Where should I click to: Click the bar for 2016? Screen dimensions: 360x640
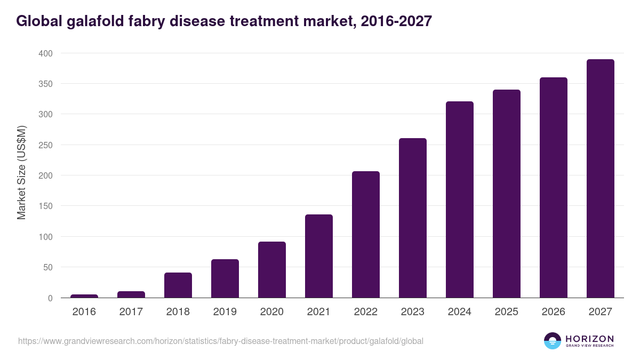(x=84, y=296)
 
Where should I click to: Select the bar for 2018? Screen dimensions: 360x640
(x=178, y=285)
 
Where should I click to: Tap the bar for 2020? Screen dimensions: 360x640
(x=272, y=270)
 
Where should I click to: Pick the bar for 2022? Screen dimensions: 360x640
(x=366, y=235)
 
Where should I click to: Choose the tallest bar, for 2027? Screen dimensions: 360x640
(x=601, y=179)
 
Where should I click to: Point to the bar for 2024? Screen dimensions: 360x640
(x=460, y=199)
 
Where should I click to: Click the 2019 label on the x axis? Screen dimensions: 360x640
(x=225, y=311)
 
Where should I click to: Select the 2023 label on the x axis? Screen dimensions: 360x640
(x=413, y=311)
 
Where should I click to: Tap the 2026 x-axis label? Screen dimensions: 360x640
(x=554, y=311)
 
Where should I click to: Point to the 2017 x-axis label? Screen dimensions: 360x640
(x=131, y=311)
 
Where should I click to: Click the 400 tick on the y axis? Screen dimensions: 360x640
(x=45, y=53)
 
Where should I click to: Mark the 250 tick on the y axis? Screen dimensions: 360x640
(x=45, y=145)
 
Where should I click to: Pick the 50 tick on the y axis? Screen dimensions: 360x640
(x=47, y=267)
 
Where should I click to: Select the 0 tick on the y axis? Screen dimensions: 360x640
(x=50, y=298)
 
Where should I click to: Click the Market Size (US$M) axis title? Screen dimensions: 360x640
(x=21, y=173)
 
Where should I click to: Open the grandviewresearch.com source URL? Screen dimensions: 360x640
(x=221, y=341)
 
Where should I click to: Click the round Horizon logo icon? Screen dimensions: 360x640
(x=553, y=341)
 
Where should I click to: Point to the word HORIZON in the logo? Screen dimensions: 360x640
(x=589, y=339)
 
